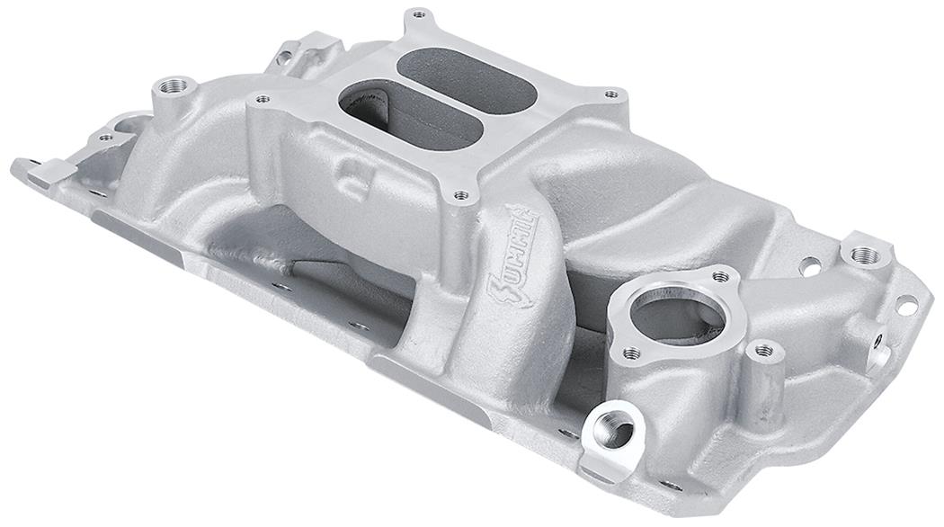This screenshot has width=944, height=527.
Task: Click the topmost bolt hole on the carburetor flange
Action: pyautogui.click(x=416, y=14)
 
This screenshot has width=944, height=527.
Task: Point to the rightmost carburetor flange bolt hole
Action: pyautogui.click(x=611, y=94)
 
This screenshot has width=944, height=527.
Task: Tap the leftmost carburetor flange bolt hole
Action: pyautogui.click(x=262, y=99)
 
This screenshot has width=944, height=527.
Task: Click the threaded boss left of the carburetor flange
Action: pyautogui.click(x=174, y=87)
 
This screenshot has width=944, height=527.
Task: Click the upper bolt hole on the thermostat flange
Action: pyautogui.click(x=720, y=276)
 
